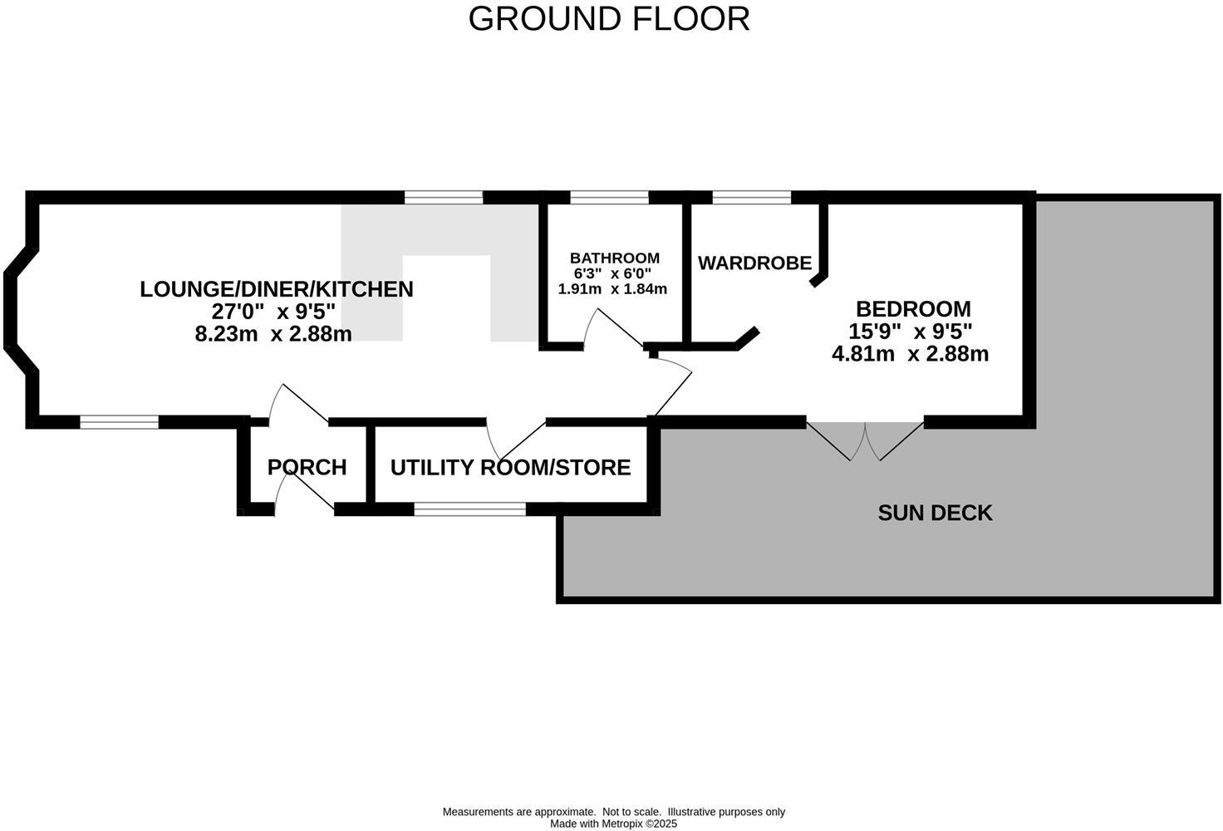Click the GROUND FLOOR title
pyautogui.click(x=609, y=19)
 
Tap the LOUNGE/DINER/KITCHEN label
pyautogui.click(x=276, y=289)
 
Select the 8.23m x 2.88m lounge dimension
pyautogui.click(x=273, y=334)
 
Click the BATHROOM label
pyautogui.click(x=614, y=258)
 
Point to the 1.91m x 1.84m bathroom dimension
pyautogui.click(x=612, y=289)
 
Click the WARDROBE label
pyautogui.click(x=754, y=263)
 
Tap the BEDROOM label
pyautogui.click(x=912, y=309)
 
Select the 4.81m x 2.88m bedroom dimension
pyautogui.click(x=910, y=354)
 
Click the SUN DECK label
pyautogui.click(x=935, y=513)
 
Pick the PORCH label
pyautogui.click(x=307, y=468)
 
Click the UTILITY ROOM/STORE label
pyautogui.click(x=510, y=468)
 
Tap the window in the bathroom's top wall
pyautogui.click(x=609, y=197)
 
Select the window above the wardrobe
pyautogui.click(x=752, y=197)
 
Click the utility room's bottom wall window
pyautogui.click(x=469, y=509)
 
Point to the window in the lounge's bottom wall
pyautogui.click(x=119, y=422)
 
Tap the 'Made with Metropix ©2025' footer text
pyautogui.click(x=613, y=824)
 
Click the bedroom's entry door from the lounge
pyautogui.click(x=673, y=386)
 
